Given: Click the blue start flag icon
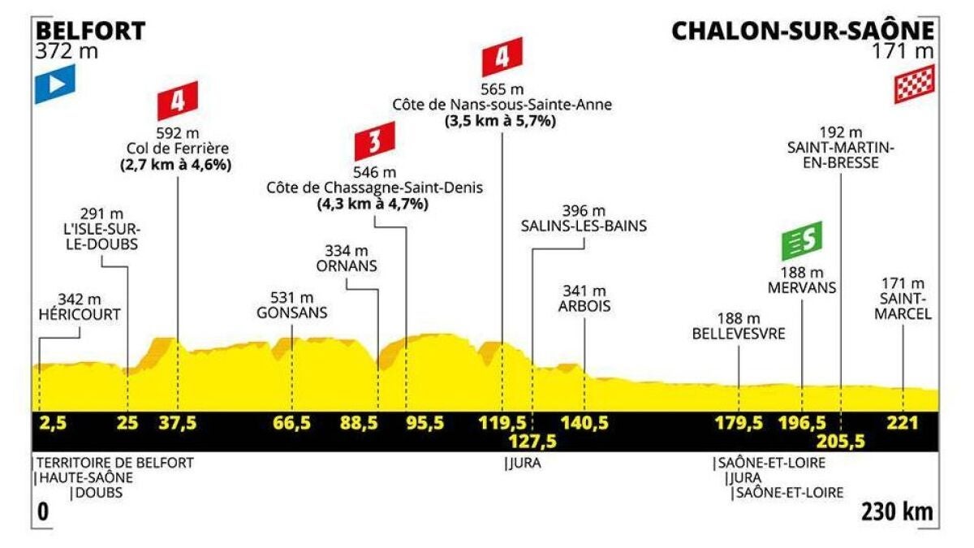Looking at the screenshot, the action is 55,84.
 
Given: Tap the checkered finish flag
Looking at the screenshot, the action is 914,84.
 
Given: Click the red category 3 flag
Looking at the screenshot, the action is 375,141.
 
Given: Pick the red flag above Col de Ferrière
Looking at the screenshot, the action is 178,101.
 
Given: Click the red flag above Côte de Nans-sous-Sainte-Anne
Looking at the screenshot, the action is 502,57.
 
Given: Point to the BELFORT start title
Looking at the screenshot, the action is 90,32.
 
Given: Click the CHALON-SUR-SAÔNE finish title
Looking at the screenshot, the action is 803,31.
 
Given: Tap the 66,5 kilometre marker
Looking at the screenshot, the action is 291,423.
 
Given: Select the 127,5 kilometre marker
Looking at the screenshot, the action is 533,442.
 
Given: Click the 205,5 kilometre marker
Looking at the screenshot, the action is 841,442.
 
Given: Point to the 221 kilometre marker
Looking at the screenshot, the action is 903,423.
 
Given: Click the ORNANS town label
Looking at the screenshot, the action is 347,266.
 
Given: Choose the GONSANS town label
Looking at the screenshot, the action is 291,313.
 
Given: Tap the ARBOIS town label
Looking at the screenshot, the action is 584,306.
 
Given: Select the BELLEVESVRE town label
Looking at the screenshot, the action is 739,334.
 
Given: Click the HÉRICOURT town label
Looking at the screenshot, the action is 80,314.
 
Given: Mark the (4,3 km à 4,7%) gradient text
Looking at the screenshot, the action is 373,205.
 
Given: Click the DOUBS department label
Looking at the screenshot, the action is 99,493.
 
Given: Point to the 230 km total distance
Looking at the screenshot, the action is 898,512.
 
